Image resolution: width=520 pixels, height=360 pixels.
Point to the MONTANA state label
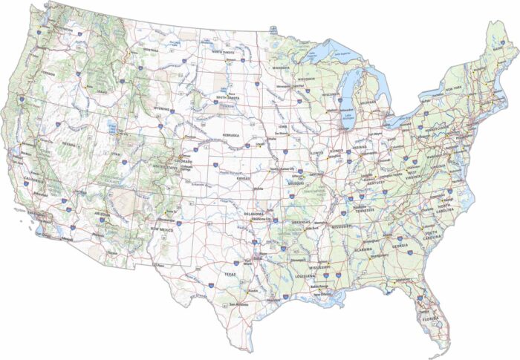[149, 50]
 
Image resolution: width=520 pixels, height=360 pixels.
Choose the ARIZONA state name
[103, 214]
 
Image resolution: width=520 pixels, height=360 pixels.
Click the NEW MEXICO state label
[163, 229]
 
